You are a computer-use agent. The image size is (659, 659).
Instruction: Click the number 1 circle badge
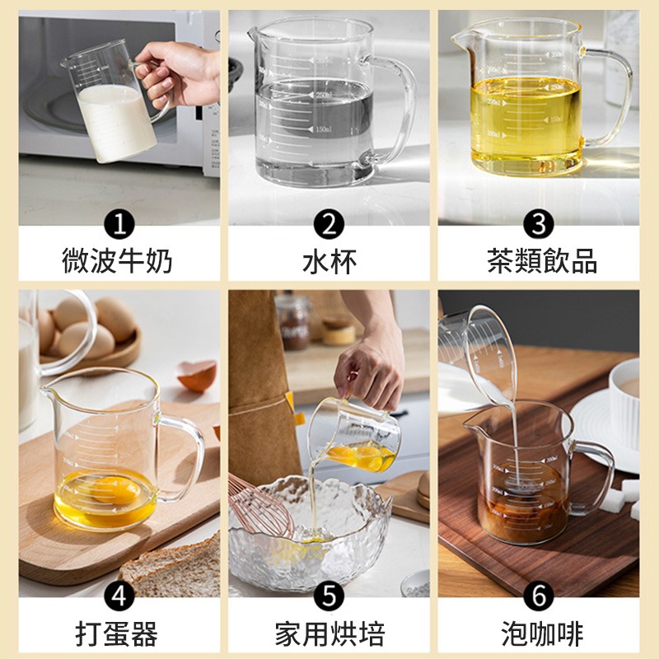[119, 224]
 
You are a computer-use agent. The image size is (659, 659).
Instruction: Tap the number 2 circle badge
[329, 224]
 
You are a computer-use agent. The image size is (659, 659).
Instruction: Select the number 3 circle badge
[540, 224]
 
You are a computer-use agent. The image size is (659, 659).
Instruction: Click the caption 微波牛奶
[119, 261]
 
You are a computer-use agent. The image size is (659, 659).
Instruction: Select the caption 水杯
[329, 261]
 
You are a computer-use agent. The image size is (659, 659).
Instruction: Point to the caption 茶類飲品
[540, 261]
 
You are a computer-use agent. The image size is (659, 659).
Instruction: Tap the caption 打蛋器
[119, 633]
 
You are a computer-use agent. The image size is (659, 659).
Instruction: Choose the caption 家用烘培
[329, 633]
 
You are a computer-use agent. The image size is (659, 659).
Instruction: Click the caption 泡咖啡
[540, 633]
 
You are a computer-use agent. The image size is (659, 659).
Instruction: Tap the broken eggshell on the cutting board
[199, 376]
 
